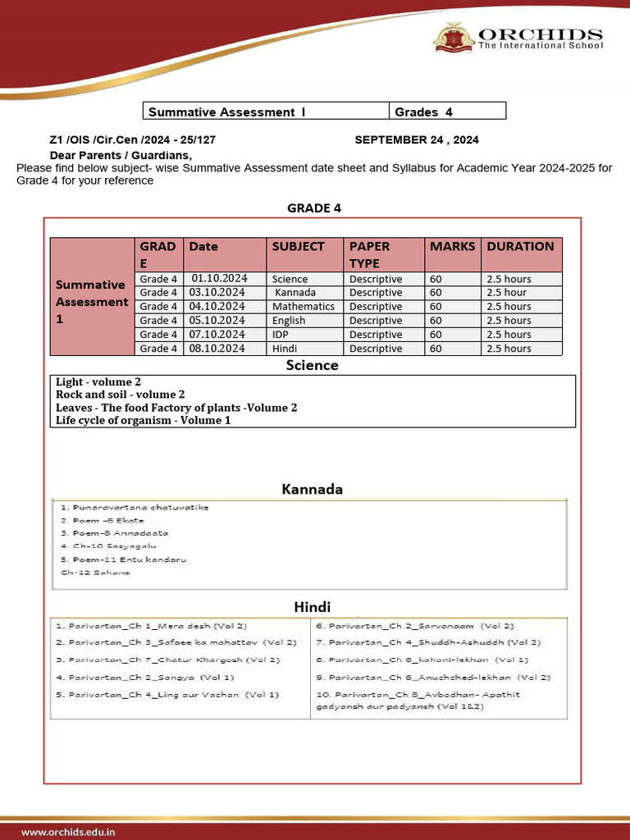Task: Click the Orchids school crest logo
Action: click(453, 39)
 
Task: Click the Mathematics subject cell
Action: click(303, 306)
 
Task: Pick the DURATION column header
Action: click(520, 246)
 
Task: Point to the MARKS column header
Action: click(452, 246)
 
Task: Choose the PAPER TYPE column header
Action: click(370, 254)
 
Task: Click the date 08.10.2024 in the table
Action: click(217, 348)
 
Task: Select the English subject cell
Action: click(289, 320)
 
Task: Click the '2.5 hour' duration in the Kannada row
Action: click(506, 292)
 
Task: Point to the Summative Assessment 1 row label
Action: click(91, 301)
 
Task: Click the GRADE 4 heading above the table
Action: click(313, 208)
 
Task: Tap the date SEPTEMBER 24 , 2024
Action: click(417, 140)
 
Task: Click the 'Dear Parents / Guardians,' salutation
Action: click(121, 155)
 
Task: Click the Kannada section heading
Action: click(312, 489)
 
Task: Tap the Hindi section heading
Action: click(312, 607)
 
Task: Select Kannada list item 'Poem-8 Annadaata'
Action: click(114, 532)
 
